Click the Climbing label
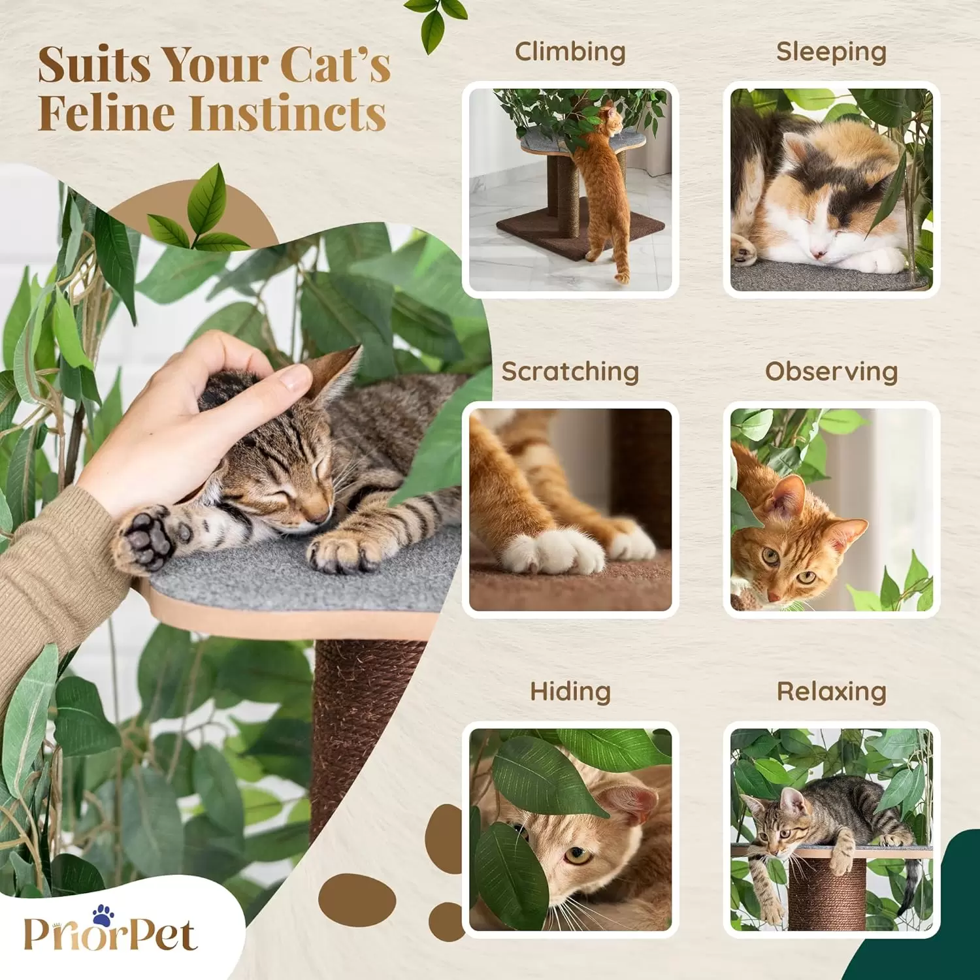[x=570, y=52]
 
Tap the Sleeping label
[x=831, y=52]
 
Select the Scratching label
[x=570, y=372]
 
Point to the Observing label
[x=831, y=371]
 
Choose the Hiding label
[x=570, y=691]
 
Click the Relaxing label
[x=831, y=691]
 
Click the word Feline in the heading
[x=105, y=113]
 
